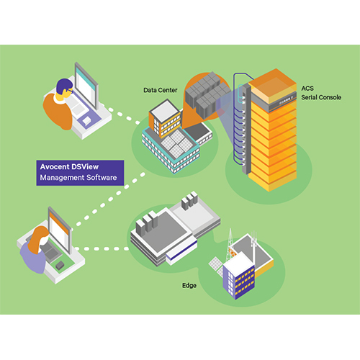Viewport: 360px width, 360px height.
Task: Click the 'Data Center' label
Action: (x=161, y=90)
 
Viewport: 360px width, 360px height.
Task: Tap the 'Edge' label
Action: (x=189, y=286)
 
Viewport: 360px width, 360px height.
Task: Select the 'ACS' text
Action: (x=307, y=89)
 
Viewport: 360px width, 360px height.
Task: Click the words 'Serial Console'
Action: (x=321, y=97)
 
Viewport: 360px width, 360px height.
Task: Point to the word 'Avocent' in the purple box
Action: (x=54, y=166)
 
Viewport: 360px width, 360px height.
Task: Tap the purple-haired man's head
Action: (x=64, y=87)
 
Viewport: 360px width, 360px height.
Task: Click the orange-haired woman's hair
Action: (x=38, y=239)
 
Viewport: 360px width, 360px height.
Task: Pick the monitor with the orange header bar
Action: (x=60, y=230)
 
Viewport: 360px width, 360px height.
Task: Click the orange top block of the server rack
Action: (x=272, y=86)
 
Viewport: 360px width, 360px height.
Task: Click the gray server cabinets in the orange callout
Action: (x=207, y=96)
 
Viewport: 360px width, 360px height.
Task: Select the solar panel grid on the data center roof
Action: (x=176, y=143)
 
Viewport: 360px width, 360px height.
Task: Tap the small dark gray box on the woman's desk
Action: (x=60, y=265)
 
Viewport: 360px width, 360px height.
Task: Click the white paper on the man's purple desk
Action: (x=86, y=121)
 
